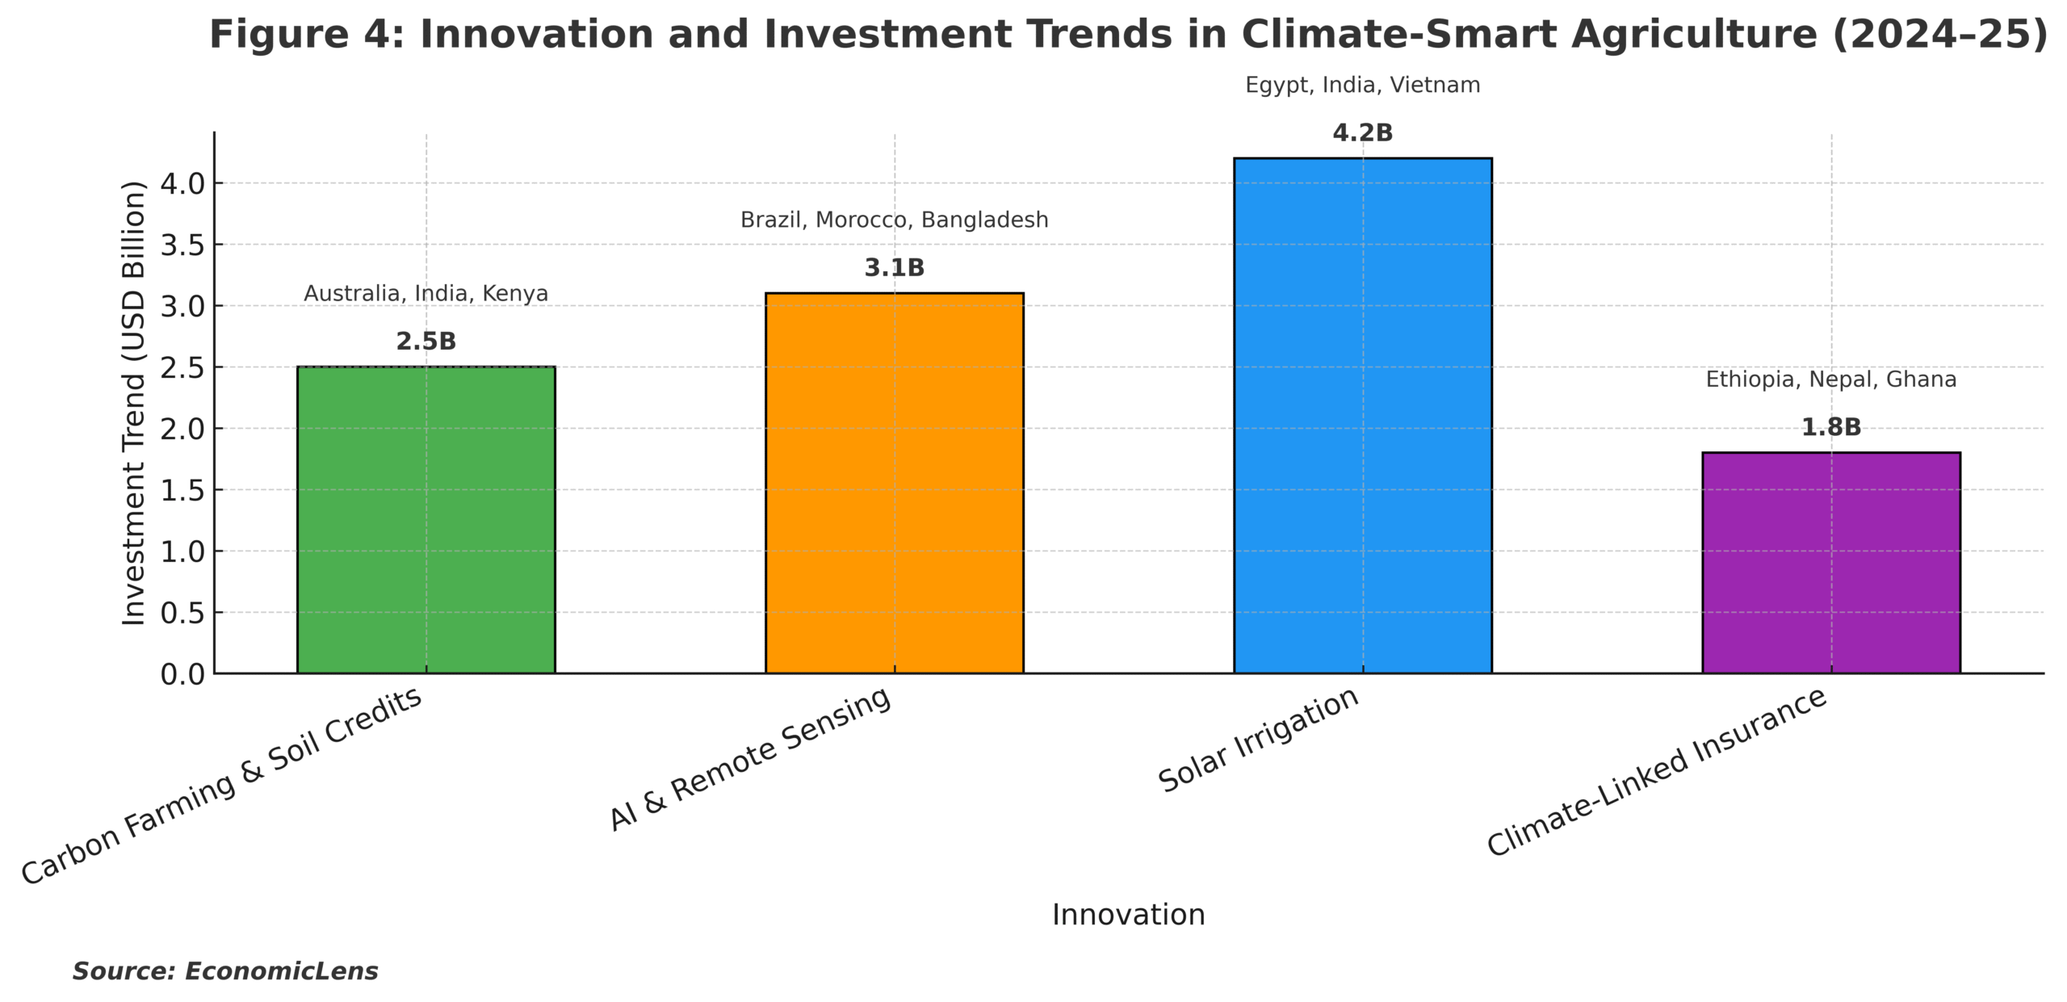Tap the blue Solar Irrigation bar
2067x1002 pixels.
tap(1362, 415)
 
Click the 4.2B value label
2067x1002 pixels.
tap(1362, 133)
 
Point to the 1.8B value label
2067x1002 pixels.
tap(1830, 427)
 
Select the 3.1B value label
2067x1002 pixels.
tap(894, 268)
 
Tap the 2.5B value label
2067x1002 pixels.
tap(426, 342)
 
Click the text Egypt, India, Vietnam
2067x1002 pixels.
tap(1362, 86)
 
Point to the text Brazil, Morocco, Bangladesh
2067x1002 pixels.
tap(894, 220)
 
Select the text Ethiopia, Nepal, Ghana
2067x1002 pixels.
tap(1830, 379)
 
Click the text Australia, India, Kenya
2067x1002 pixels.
tap(426, 294)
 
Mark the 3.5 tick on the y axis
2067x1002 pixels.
tap(182, 245)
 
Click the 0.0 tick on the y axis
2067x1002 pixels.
tap(182, 674)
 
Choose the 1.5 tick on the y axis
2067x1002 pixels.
tap(182, 490)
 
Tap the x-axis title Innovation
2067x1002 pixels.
tap(1128, 915)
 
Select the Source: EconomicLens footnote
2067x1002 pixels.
tap(225, 971)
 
